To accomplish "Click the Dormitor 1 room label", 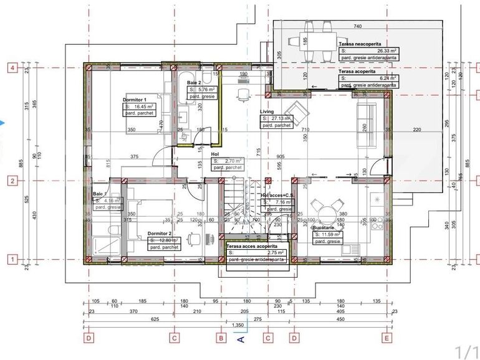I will coord(135,100).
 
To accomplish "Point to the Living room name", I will coord(267,111).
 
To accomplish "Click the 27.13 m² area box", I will coord(277,118).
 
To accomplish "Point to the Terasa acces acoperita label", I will coord(255,247).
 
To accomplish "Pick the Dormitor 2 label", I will coord(158,234).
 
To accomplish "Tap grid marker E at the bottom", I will coord(387,338).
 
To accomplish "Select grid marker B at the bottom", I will coord(220,338).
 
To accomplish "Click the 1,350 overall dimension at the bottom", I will coord(238,325).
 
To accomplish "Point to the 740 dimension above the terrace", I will coord(357,26).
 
